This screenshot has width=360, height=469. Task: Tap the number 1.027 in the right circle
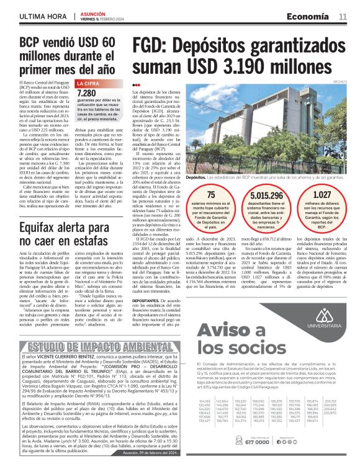[x=323, y=194]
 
